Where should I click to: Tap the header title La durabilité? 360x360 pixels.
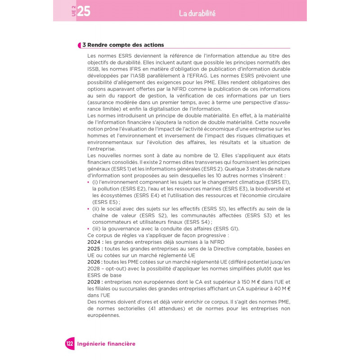click(x=197, y=13)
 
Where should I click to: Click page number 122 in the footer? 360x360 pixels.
click(x=69, y=344)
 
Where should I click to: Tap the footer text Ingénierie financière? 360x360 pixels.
click(x=106, y=344)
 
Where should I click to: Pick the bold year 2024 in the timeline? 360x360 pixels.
click(x=95, y=242)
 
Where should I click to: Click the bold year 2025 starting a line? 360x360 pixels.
click(x=95, y=248)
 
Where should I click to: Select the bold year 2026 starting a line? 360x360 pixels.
click(x=95, y=262)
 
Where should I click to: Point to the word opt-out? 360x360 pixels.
click(x=122, y=269)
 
